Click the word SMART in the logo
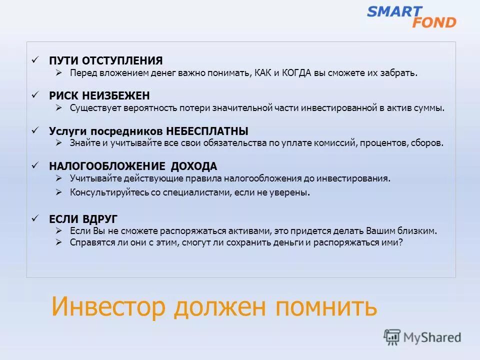click(394, 11)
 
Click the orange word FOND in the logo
click(434, 22)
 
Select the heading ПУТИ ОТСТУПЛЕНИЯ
click(106, 61)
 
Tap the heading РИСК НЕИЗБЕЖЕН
click(99, 95)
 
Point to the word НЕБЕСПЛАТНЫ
click(207, 131)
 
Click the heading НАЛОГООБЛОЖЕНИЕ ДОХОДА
click(133, 166)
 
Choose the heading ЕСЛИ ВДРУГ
click(83, 219)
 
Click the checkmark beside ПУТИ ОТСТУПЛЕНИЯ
click(35, 60)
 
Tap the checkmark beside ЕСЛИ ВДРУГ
click(35, 218)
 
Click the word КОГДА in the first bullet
click(297, 73)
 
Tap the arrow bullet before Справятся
click(58, 242)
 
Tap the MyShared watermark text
click(432, 337)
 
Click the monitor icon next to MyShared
click(392, 337)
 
